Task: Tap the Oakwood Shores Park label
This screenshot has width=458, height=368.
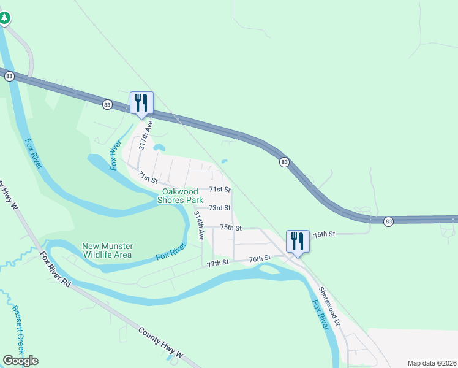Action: click(x=180, y=196)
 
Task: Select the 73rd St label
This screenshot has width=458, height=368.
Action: click(x=219, y=209)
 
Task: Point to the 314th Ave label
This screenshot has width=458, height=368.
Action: click(x=198, y=226)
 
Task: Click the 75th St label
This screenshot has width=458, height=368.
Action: click(x=231, y=228)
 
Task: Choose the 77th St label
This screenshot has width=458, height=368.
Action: click(x=217, y=263)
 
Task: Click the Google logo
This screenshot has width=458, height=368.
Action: click(x=20, y=361)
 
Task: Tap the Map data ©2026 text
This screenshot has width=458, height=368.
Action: click(x=432, y=363)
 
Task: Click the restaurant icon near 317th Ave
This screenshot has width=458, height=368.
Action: click(x=141, y=102)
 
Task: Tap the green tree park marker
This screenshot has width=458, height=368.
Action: click(x=5, y=18)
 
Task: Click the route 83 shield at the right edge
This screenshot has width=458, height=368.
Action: click(x=388, y=221)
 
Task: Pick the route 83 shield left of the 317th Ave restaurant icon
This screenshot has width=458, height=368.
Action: click(x=108, y=105)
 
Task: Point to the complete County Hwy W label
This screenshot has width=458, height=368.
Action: click(x=161, y=343)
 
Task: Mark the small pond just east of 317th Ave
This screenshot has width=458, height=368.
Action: click(x=160, y=147)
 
